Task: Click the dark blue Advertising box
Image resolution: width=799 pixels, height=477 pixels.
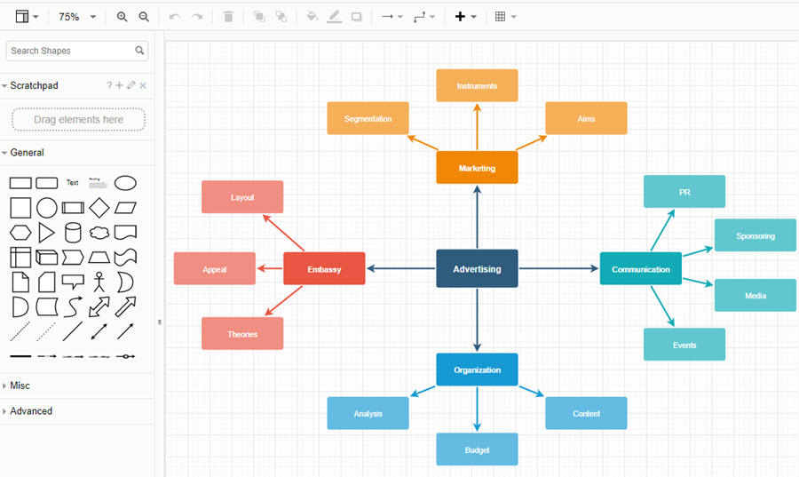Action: click(x=477, y=268)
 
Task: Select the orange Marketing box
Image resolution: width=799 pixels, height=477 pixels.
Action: click(x=477, y=168)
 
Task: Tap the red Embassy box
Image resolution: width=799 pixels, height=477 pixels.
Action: click(x=324, y=268)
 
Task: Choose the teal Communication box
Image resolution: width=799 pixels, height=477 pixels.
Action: click(x=640, y=268)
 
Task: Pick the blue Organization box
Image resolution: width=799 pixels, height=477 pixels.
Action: click(x=477, y=370)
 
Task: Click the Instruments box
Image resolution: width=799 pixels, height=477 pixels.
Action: click(x=477, y=85)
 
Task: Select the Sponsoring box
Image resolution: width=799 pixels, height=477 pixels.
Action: click(x=755, y=235)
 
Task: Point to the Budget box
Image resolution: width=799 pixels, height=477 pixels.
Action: click(x=477, y=449)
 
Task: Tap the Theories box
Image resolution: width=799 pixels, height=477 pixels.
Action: click(x=242, y=334)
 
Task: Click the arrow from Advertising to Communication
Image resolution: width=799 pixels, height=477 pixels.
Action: click(x=558, y=268)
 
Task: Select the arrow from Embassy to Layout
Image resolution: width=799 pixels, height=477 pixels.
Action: click(x=283, y=233)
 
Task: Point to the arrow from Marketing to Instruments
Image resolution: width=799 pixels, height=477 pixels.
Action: click(x=477, y=126)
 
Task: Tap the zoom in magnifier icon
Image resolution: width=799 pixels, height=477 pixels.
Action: click(x=122, y=17)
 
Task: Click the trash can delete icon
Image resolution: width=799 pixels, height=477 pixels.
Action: click(x=228, y=17)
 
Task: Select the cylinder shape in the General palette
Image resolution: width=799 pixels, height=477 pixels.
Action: click(x=73, y=233)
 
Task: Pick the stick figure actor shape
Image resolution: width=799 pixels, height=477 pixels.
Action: click(x=99, y=282)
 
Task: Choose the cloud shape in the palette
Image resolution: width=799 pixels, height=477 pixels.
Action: click(x=99, y=233)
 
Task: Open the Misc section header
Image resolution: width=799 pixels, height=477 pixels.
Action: click(x=20, y=386)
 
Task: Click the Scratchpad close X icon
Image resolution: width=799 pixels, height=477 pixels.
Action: click(x=143, y=85)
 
